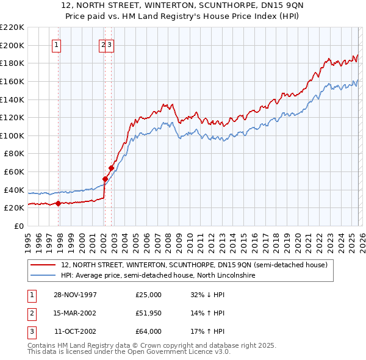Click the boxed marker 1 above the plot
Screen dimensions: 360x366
click(56, 44)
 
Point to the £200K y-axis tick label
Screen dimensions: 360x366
click(12, 45)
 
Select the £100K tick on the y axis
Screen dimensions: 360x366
click(12, 135)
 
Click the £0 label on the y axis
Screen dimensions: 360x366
click(20, 226)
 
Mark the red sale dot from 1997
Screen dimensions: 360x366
click(59, 204)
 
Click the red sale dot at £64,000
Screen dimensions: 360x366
click(112, 168)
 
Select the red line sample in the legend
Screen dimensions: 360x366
click(43, 265)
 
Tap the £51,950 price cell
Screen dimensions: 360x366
click(149, 313)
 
